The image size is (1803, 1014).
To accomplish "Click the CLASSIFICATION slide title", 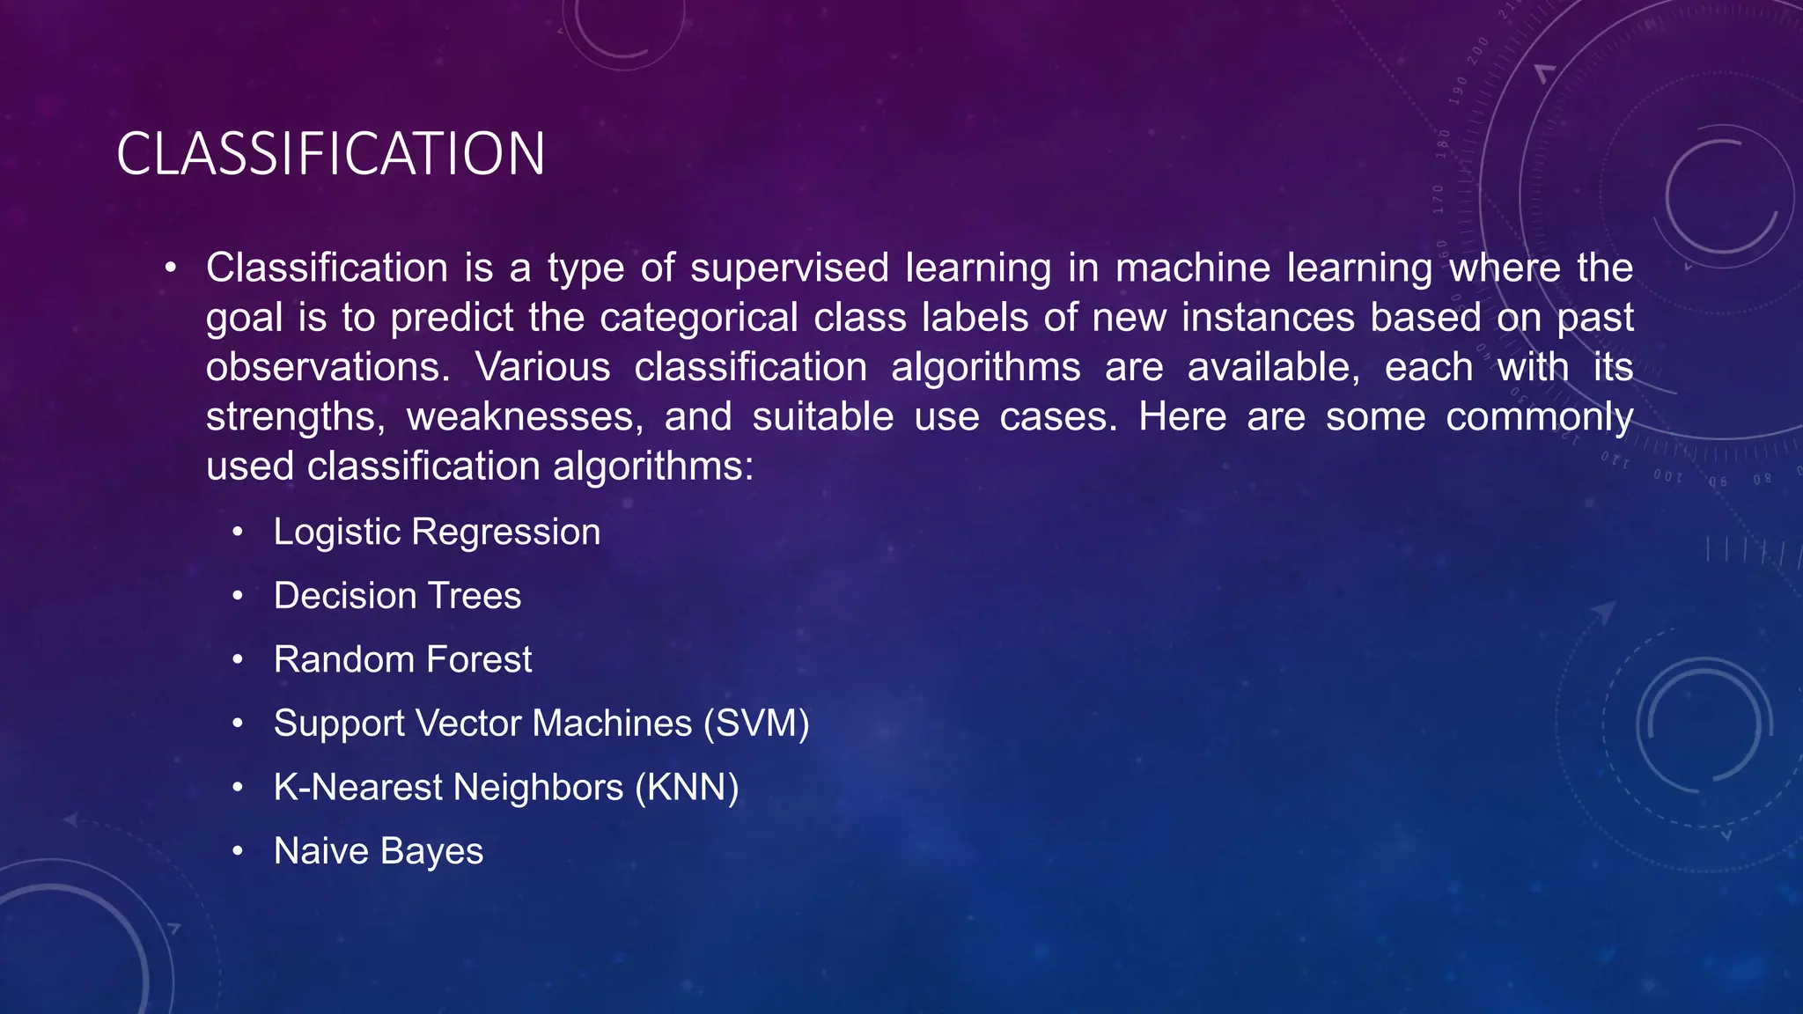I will pos(330,154).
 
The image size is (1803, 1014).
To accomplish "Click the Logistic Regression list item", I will pos(437,532).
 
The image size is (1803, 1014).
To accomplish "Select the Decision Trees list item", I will pos(397,596).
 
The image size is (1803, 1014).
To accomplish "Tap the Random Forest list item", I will pos(402,659).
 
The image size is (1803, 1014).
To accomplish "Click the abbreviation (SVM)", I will pos(756,724).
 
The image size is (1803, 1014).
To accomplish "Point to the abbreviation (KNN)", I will pos(687,787).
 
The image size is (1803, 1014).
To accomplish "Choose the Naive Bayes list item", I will pos(379,851).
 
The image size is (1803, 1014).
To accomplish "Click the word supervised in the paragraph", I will pos(790,268).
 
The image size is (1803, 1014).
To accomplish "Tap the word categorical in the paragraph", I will pos(699,317).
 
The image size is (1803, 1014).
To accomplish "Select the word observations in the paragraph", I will pos(327,367).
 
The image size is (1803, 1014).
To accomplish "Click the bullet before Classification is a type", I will pos(171,268).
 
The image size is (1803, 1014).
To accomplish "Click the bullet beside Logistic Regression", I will pos(237,533).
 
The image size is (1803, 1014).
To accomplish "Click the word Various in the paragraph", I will pos(542,367).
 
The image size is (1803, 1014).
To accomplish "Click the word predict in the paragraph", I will pos(452,317).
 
